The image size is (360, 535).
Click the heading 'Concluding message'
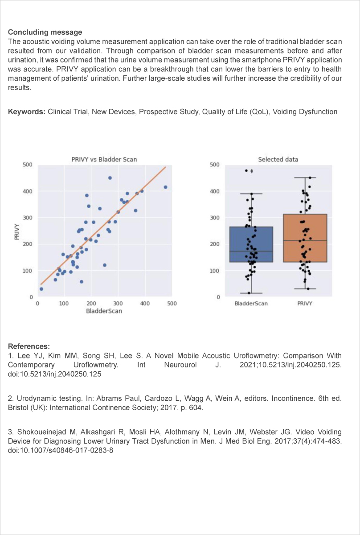[x=45, y=32]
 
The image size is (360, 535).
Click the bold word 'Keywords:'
[x=27, y=112]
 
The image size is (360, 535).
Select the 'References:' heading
[x=29, y=346]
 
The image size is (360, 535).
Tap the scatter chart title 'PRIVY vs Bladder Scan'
[x=104, y=159]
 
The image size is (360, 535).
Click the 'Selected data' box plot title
[x=278, y=159]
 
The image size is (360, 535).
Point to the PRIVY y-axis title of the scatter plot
[x=17, y=232]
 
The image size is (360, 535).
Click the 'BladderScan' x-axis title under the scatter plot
[x=104, y=311]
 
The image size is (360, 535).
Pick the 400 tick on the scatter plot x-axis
[x=145, y=304]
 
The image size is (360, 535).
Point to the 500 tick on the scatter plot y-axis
[x=28, y=165]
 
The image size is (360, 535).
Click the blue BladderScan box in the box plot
[x=251, y=244]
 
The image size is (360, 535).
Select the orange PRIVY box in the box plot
[x=305, y=238]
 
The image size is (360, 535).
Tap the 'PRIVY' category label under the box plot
[x=305, y=304]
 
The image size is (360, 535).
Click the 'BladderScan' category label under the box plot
[x=251, y=304]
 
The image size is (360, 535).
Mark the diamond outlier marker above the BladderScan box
[x=252, y=171]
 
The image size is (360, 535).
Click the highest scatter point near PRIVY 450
[x=110, y=178]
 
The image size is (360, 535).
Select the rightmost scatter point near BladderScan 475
[x=165, y=187]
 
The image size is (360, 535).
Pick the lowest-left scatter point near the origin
[x=41, y=289]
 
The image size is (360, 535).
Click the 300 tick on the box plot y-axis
[x=215, y=218]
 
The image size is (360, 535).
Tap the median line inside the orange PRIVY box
[x=305, y=240]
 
